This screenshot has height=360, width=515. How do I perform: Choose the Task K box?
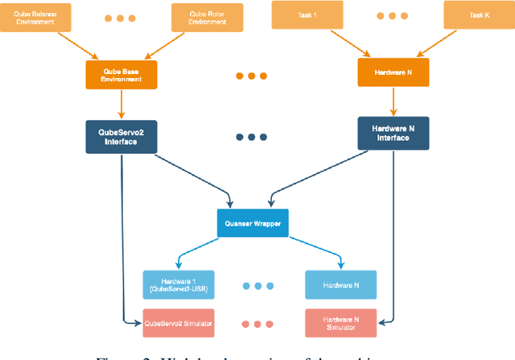click(x=478, y=14)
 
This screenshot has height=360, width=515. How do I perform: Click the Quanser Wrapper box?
click(x=252, y=222)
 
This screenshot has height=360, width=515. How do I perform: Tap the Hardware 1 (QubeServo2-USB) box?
click(x=179, y=284)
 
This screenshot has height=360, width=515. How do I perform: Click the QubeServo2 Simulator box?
click(x=179, y=323)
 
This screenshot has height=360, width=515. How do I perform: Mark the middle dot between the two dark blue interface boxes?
click(x=251, y=136)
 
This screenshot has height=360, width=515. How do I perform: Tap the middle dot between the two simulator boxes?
click(x=258, y=325)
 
